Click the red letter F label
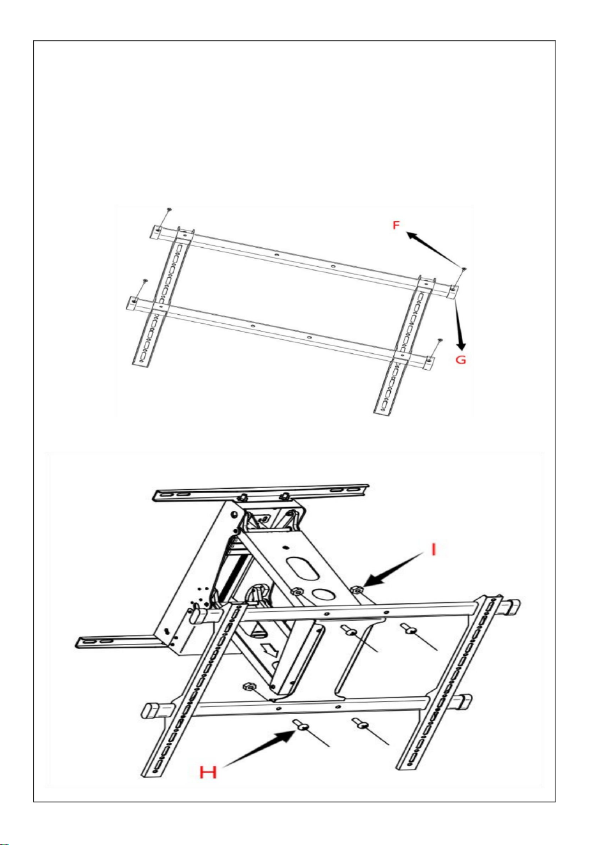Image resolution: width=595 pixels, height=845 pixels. click(x=396, y=225)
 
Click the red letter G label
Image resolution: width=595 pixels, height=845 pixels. click(x=461, y=360)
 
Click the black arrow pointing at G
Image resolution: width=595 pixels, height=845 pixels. click(x=460, y=325)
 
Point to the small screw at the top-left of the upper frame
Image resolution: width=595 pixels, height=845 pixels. click(x=169, y=209)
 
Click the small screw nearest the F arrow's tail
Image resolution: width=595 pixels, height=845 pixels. click(x=463, y=268)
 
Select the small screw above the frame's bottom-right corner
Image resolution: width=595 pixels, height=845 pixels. click(x=439, y=340)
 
